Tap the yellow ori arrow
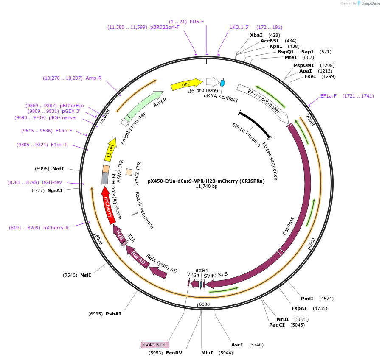point(186,84)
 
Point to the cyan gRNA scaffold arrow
point(222,83)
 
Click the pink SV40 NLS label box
point(155,345)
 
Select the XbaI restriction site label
point(256,35)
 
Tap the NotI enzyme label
point(58,169)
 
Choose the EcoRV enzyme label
point(174,353)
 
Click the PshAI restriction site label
point(113,314)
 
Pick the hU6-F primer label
point(197,22)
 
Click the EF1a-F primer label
point(328,96)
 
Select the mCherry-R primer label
point(56,228)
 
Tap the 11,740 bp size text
point(206,186)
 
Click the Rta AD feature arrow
point(138,258)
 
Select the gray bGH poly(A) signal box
point(105,178)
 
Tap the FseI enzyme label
point(310,77)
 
